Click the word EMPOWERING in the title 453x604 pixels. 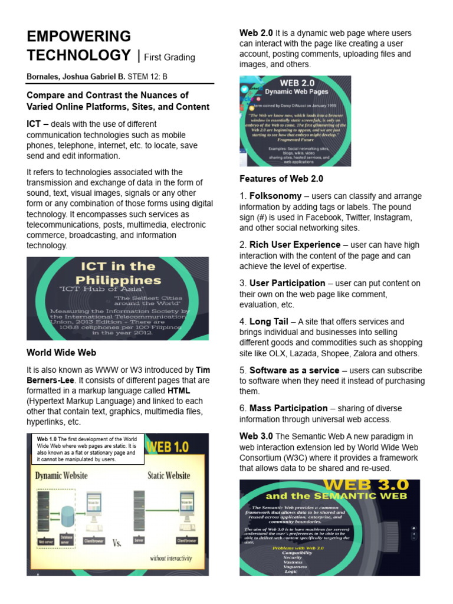pos(79,37)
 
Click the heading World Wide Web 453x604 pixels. pos(61,353)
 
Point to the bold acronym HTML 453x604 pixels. pos(179,390)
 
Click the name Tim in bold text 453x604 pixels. pos(202,370)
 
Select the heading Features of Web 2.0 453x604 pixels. pos(281,179)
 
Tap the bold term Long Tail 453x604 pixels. pos(269,321)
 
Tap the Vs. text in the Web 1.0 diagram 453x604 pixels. pos(117,543)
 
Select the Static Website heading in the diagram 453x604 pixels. pos(169,475)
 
